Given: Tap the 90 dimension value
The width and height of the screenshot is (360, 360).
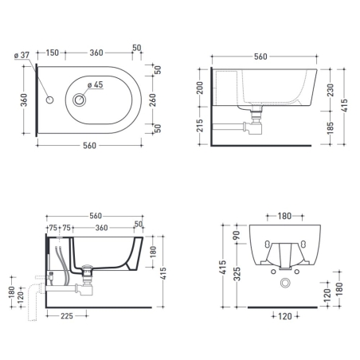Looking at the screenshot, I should tap(236, 236).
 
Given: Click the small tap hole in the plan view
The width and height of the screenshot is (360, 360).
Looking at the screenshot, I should tap(49, 100).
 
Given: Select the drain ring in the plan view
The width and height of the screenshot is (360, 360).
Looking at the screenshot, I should tap(80, 100).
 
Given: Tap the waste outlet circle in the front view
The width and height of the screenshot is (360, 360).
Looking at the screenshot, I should tap(284, 284).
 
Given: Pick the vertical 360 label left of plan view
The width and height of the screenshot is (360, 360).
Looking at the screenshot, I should tap(24, 100).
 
